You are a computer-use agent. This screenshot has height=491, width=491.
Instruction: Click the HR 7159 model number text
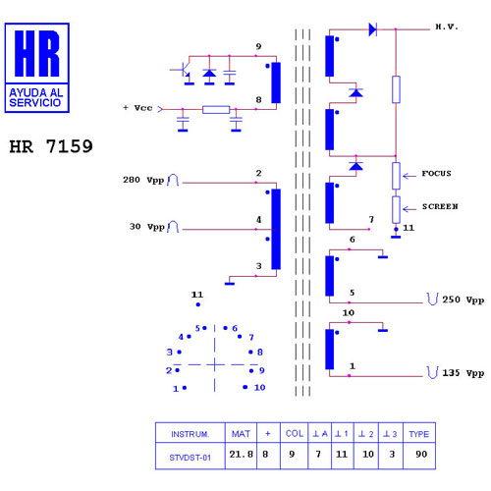[51, 146]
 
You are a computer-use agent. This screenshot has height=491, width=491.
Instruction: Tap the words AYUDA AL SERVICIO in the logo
[36, 97]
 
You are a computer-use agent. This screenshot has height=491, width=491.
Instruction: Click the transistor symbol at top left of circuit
[184, 70]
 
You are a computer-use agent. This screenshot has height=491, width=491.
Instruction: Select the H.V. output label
[447, 27]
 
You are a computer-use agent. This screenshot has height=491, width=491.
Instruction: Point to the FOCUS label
[436, 173]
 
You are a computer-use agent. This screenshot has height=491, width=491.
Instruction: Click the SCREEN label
[440, 206]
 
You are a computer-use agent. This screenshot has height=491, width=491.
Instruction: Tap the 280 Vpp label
[143, 180]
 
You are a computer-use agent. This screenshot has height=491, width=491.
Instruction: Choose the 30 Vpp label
[146, 227]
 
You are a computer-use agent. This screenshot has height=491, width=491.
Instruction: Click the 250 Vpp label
[464, 300]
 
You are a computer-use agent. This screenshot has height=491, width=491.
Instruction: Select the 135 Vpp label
[464, 373]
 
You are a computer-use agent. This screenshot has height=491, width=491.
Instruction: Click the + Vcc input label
[137, 108]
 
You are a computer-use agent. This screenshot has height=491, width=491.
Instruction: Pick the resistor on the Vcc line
[216, 109]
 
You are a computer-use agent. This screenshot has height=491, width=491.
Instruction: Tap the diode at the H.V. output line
[373, 29]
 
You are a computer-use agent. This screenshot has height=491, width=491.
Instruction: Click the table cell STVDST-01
[190, 458]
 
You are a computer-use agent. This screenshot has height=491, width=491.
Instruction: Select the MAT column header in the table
[241, 434]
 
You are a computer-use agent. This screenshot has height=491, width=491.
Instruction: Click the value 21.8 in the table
[241, 454]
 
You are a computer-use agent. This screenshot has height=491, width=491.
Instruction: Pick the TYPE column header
[418, 434]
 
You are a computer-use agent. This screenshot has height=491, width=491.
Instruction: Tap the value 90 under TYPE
[421, 454]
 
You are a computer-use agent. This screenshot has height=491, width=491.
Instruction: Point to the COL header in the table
[295, 433]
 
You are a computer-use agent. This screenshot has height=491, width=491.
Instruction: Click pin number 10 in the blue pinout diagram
[259, 388]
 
